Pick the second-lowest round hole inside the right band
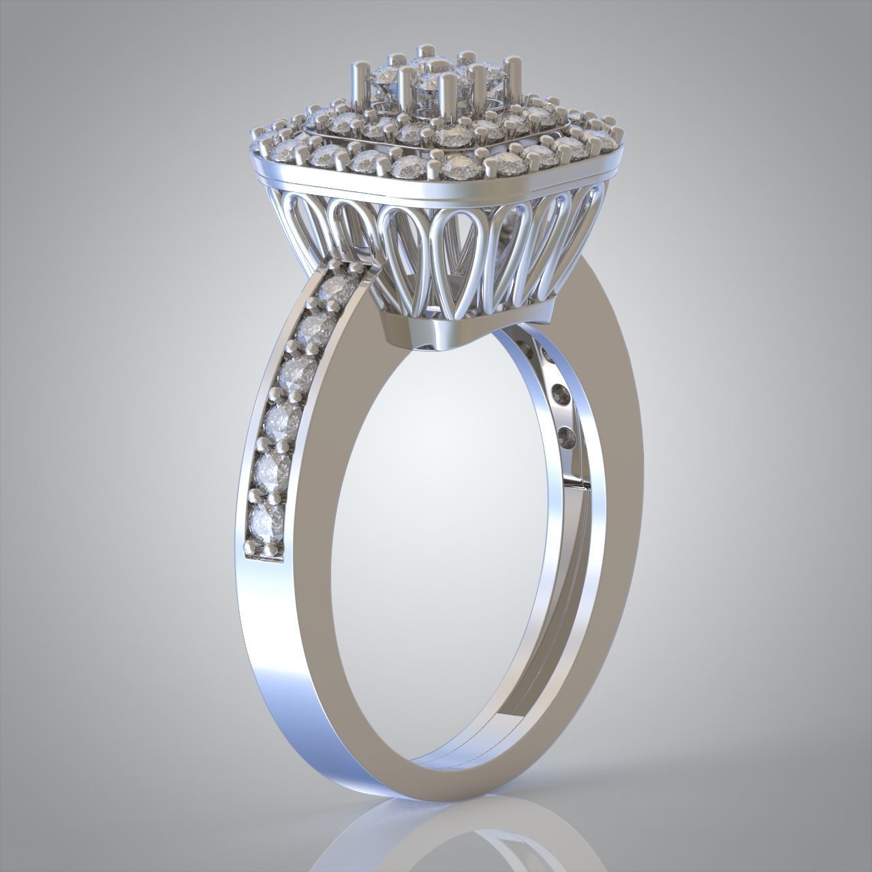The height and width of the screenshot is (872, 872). point(560,394)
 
